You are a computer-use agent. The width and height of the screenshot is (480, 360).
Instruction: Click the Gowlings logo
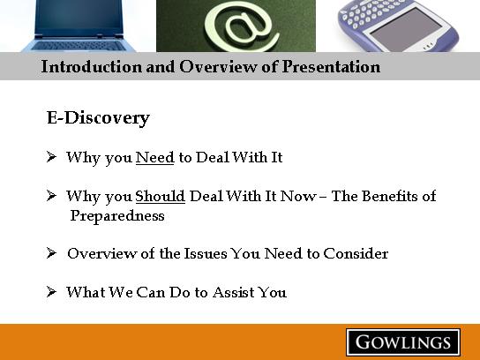403,342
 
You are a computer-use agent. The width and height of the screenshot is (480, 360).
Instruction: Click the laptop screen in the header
79,17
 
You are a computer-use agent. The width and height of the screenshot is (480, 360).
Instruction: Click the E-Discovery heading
98,118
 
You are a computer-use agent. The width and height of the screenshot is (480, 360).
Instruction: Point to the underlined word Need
155,157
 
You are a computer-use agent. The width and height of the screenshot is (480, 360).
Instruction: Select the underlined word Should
160,196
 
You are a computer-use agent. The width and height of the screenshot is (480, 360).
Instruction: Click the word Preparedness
117,216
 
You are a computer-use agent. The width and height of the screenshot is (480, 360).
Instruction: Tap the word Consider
356,253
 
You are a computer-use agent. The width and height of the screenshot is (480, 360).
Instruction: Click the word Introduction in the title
92,66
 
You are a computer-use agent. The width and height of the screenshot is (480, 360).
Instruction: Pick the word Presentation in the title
331,66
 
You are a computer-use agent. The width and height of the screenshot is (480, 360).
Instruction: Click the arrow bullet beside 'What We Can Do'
51,292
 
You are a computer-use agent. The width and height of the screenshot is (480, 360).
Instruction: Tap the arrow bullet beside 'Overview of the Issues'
51,253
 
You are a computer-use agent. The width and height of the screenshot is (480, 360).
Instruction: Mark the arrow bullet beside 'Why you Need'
51,157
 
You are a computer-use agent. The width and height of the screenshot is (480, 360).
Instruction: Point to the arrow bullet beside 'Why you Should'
51,195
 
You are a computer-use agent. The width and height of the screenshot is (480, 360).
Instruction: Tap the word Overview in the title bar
218,66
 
